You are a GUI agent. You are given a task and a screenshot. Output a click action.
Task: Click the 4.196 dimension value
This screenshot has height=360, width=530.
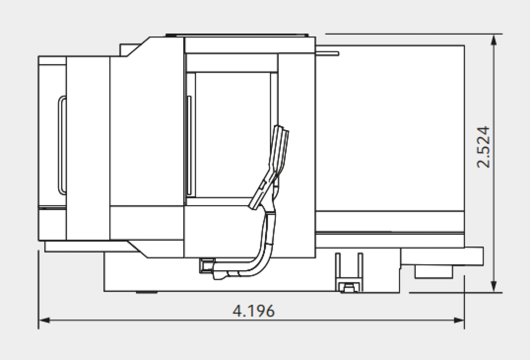tap(253, 311)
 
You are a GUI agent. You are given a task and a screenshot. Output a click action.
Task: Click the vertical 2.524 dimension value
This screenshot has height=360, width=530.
tap(483, 147)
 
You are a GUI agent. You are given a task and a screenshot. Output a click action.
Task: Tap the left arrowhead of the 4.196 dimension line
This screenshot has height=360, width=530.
tap(44, 320)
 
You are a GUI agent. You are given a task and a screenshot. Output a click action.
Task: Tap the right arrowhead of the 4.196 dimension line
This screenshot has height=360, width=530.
tap(459, 320)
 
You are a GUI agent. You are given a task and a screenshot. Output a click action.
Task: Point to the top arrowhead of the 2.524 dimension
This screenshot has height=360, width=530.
tap(494, 40)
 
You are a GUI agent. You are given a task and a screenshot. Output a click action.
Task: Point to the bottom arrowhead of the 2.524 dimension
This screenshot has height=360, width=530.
tap(494, 286)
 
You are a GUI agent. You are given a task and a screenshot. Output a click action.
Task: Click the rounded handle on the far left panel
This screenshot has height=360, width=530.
tap(62, 145)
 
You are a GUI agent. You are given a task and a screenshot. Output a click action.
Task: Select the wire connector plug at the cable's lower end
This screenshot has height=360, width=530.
tap(207, 266)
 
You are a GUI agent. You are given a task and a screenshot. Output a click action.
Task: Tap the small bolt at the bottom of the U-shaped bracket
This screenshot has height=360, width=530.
tap(349, 288)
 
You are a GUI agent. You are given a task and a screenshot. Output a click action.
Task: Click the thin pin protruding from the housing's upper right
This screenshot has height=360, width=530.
tap(327, 54)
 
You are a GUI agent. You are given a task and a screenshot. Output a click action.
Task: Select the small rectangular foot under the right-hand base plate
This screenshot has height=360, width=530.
tap(433, 272)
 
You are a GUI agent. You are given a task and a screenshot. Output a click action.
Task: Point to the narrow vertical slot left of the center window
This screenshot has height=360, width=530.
tap(189, 145)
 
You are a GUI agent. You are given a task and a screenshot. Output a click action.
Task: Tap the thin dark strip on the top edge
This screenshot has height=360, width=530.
tap(237, 35)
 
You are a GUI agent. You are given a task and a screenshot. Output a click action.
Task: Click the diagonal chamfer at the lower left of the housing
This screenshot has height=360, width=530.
tap(137, 249)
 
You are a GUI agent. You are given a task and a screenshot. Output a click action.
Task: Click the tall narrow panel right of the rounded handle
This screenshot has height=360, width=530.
tap(88, 148)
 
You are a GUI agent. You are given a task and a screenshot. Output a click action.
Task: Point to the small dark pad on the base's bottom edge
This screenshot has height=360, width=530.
tap(147, 292)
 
